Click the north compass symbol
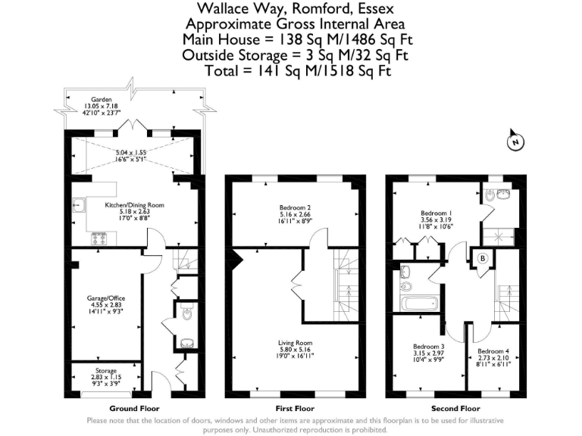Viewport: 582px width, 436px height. (515, 142)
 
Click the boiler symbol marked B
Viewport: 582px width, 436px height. (482, 258)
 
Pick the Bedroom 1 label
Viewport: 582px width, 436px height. (436, 213)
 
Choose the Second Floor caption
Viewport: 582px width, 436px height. (453, 408)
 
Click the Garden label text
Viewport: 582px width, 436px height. (101, 99)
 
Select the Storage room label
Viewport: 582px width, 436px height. (105, 371)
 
